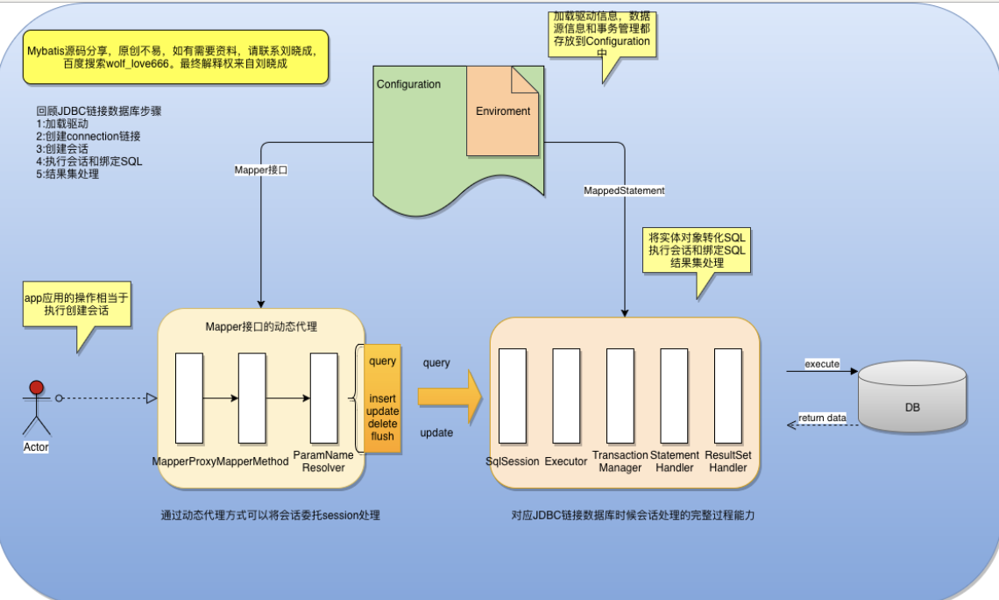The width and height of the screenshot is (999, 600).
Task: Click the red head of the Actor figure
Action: (x=36, y=388)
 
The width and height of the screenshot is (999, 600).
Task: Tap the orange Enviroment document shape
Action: (x=503, y=111)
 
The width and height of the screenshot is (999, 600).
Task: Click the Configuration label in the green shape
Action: (x=408, y=84)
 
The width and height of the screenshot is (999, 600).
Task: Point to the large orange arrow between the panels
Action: (x=450, y=397)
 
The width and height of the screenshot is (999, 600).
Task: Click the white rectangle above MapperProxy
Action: (x=188, y=397)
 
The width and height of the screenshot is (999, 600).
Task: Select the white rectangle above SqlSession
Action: (x=513, y=396)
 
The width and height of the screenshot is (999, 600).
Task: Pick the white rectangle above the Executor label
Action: (x=566, y=396)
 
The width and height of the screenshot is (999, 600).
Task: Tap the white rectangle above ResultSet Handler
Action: (x=728, y=396)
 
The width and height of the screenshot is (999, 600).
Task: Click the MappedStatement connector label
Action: (x=624, y=190)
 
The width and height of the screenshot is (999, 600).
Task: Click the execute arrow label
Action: (x=822, y=363)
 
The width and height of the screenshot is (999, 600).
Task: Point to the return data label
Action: (x=822, y=418)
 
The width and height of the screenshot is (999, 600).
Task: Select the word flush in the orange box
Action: (x=382, y=436)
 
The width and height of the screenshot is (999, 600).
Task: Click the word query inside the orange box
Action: (x=382, y=361)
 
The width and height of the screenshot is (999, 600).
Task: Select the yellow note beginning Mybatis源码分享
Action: (x=176, y=57)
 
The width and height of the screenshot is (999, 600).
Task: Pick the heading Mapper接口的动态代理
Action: (x=261, y=327)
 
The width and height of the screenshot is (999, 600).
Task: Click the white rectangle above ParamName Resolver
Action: (x=324, y=397)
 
